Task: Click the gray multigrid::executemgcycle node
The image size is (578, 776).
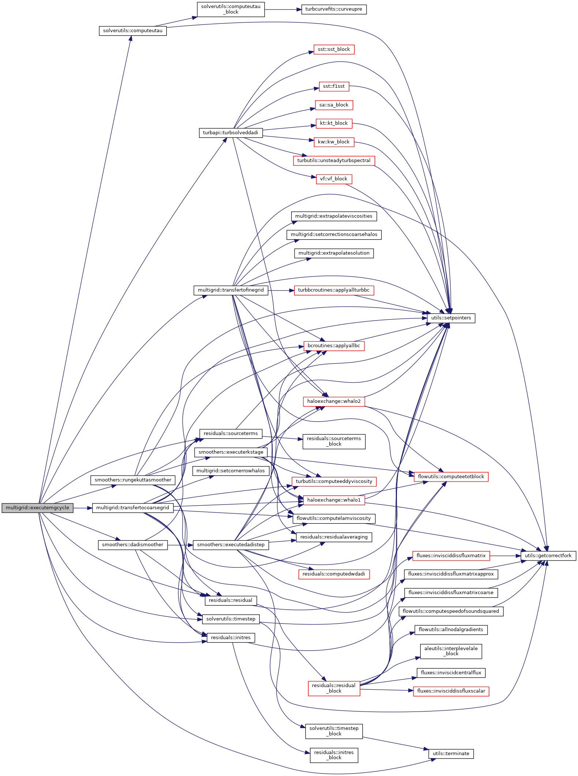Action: (37, 508)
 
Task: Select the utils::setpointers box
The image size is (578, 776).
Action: (451, 318)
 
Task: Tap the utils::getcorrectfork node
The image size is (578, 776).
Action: (548, 555)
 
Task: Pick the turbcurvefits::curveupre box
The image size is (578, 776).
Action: (334, 9)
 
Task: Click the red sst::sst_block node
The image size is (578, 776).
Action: (334, 49)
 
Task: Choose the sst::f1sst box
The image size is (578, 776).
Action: (334, 86)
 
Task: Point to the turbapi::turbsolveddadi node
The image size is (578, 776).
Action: (230, 132)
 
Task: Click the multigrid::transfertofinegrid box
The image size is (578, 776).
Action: (230, 290)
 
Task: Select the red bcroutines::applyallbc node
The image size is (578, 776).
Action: (334, 346)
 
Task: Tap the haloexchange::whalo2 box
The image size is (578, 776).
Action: (334, 401)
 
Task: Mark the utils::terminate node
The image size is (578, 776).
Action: (451, 753)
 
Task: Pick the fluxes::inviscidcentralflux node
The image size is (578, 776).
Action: (451, 672)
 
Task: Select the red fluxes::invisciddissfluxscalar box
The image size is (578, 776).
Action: (451, 691)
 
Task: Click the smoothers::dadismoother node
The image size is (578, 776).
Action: (132, 545)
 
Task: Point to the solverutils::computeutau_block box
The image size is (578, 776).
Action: (230, 9)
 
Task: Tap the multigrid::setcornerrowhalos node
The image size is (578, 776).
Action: (230, 471)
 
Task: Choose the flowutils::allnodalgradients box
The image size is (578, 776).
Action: (451, 630)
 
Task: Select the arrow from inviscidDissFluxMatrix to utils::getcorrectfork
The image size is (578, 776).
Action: (505, 555)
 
